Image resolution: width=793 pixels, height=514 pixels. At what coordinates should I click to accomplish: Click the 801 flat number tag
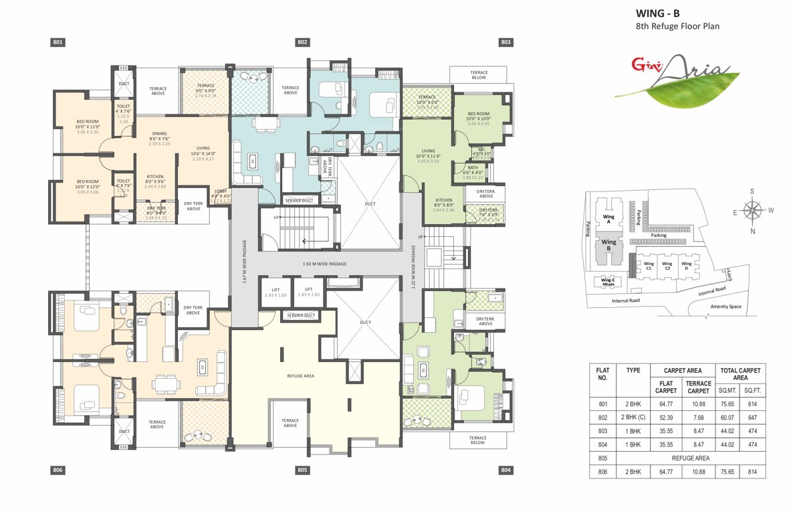pos(58,42)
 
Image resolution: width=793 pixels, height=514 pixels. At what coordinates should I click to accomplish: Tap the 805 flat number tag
pos(302,470)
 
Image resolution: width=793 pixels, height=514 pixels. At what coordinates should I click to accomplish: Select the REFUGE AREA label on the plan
pos(300,376)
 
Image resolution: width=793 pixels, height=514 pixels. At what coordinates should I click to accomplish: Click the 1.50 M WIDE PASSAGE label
pos(324,264)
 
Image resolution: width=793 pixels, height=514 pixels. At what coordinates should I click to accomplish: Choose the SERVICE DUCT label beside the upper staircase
pos(298,200)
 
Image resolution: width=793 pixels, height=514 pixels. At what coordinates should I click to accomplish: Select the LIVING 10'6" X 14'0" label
pos(203,153)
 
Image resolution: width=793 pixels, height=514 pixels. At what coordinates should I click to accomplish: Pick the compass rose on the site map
pos(753,211)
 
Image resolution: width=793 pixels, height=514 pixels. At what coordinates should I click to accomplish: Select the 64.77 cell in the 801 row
pos(665,404)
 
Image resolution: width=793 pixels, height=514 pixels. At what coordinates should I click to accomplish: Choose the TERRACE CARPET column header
pos(698,387)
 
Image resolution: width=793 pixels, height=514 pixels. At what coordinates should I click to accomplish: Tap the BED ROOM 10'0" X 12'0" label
pos(88,185)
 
